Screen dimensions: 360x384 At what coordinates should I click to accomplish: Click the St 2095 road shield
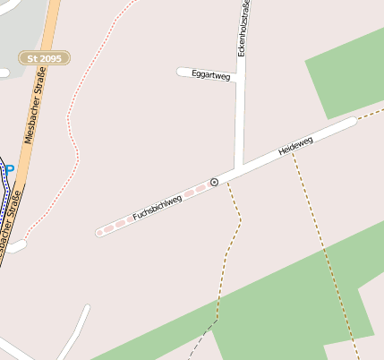(x=44, y=57)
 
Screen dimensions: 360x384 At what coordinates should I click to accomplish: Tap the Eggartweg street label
(x=211, y=76)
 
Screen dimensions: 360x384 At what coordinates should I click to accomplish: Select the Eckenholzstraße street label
(x=243, y=29)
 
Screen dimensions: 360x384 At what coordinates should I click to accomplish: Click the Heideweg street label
(x=295, y=146)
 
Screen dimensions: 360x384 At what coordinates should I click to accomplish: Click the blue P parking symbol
(x=10, y=167)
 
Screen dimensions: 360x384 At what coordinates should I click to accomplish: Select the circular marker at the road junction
(x=214, y=183)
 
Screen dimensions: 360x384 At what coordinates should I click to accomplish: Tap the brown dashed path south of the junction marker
(x=235, y=233)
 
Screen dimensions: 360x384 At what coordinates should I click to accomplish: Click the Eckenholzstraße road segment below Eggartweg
(x=240, y=125)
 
